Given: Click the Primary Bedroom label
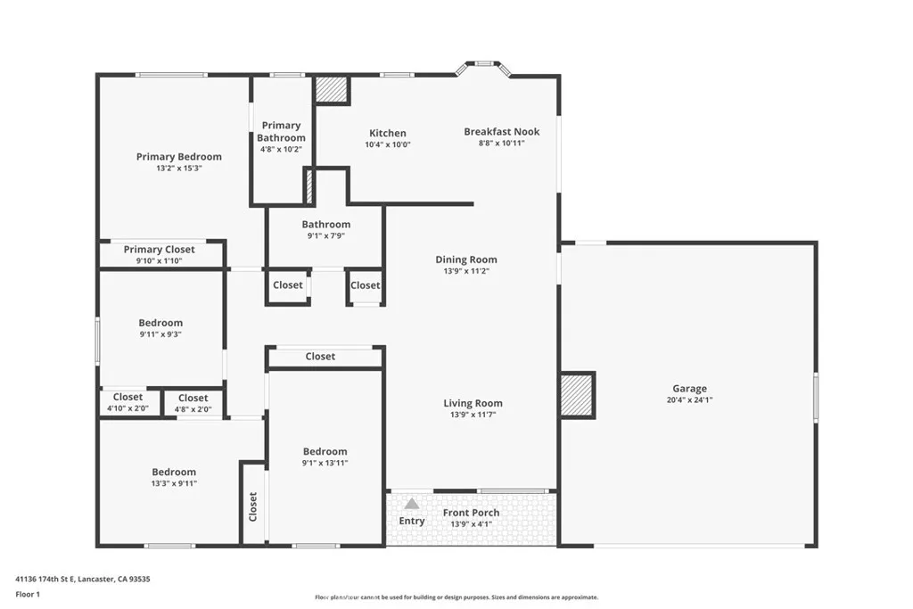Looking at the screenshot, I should tap(178, 157).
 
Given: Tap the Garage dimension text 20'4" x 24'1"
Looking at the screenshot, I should tap(689, 400).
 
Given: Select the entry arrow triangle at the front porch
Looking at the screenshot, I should tap(411, 505).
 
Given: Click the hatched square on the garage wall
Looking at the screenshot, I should tap(577, 395).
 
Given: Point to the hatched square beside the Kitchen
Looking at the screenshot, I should tap(332, 90).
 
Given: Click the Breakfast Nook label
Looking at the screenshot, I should tap(501, 132).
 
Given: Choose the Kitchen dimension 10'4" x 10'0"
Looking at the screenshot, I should tap(388, 144).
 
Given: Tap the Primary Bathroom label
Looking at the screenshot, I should tap(281, 131).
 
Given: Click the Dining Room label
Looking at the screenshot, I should tap(465, 259).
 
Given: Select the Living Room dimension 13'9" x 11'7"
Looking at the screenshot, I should tap(473, 415).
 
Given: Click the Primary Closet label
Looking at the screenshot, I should tap(159, 250).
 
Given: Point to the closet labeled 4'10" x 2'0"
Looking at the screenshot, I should tap(127, 402).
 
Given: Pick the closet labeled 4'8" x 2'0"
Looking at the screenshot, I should tap(193, 403).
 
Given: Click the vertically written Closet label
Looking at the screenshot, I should tap(252, 506).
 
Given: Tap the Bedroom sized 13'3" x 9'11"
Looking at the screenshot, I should tap(173, 477).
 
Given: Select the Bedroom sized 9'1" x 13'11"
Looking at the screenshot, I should tap(325, 457).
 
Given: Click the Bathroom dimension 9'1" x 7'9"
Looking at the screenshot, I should tap(325, 235).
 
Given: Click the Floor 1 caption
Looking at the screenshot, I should tap(29, 593).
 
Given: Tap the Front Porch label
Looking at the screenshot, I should tap(471, 513).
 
